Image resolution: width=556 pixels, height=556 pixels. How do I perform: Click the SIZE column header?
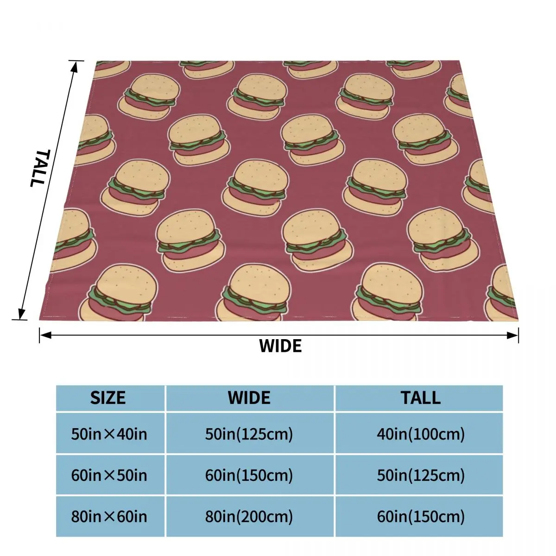pyautogui.click(x=108, y=398)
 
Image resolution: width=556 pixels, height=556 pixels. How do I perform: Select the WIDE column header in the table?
pyautogui.click(x=249, y=398)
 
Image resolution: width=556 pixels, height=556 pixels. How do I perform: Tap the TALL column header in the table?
pyautogui.click(x=421, y=398)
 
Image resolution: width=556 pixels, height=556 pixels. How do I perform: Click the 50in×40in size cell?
pyautogui.click(x=109, y=434)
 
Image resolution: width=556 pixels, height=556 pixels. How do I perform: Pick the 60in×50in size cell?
pyautogui.click(x=109, y=475)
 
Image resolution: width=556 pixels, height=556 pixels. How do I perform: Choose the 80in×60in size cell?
pyautogui.click(x=109, y=516)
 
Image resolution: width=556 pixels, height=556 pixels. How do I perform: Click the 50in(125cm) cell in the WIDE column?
pyautogui.click(x=249, y=434)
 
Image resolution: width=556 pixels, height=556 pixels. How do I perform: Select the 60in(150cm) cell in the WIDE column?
pyautogui.click(x=249, y=475)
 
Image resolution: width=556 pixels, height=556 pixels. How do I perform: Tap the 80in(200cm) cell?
pyautogui.click(x=249, y=516)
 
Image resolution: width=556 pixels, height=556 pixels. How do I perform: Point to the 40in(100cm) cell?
pyautogui.click(x=421, y=434)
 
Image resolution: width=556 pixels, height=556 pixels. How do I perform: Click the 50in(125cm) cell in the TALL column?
pyautogui.click(x=421, y=475)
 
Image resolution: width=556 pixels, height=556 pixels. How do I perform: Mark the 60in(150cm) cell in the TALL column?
pyautogui.click(x=421, y=516)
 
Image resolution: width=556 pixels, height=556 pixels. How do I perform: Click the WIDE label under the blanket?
pyautogui.click(x=280, y=346)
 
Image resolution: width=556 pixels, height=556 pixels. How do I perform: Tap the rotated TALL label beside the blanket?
pyautogui.click(x=39, y=168)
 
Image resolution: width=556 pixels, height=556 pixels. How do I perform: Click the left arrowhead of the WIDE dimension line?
pyautogui.click(x=43, y=335)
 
